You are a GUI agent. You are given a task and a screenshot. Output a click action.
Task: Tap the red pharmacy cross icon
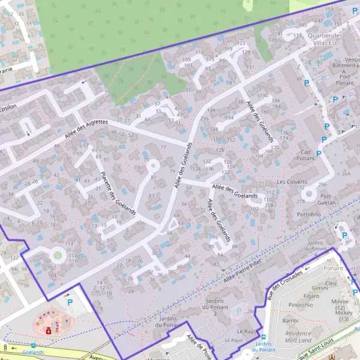(49, 331)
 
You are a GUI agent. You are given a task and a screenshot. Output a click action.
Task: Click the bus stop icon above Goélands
(33, 346)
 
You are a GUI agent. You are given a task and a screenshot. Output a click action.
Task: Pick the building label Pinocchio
(301, 305)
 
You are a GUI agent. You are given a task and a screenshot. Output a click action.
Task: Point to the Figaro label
(311, 296)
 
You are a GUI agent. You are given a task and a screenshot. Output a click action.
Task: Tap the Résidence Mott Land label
(298, 337)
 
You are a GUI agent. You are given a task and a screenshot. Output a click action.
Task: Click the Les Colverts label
(292, 182)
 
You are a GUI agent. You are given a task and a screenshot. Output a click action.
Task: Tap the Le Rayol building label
(247, 331)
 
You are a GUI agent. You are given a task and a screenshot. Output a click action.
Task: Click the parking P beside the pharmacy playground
(70, 302)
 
